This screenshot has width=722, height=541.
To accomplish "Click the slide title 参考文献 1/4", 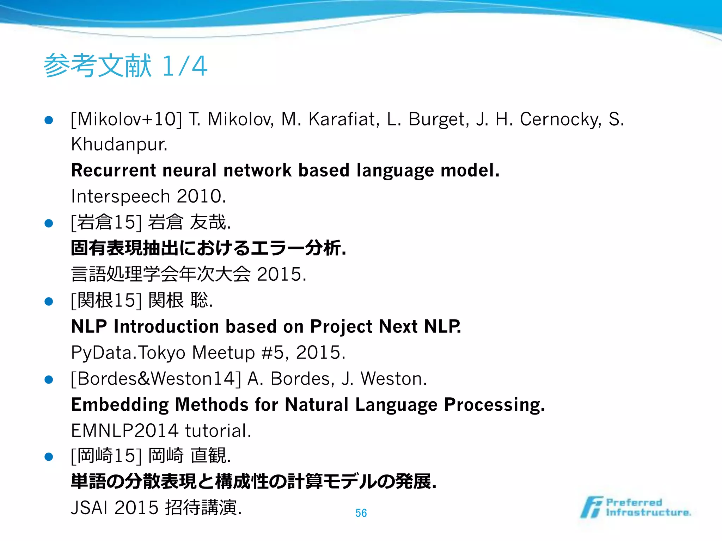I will point(126,66).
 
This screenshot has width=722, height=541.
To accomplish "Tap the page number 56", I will point(361,513).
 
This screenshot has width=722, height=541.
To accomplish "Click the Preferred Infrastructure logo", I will point(635,508).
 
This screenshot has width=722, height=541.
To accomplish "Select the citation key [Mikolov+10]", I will point(127,119).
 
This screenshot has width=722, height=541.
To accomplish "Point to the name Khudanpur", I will point(119,144).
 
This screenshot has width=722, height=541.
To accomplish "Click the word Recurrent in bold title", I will point(113,170).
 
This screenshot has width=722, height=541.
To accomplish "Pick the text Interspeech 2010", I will point(148,196).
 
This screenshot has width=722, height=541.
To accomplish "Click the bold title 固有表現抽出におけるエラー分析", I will point(208,248).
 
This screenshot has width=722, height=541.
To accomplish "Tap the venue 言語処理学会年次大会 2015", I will point(189,274).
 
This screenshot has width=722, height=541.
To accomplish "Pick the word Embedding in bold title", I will point(120,405).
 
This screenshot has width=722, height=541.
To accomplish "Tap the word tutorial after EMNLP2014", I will point(218,431).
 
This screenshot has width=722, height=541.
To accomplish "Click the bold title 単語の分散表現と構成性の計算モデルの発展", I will point(253,481).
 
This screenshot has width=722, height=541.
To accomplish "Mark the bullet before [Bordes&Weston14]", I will point(49,379).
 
